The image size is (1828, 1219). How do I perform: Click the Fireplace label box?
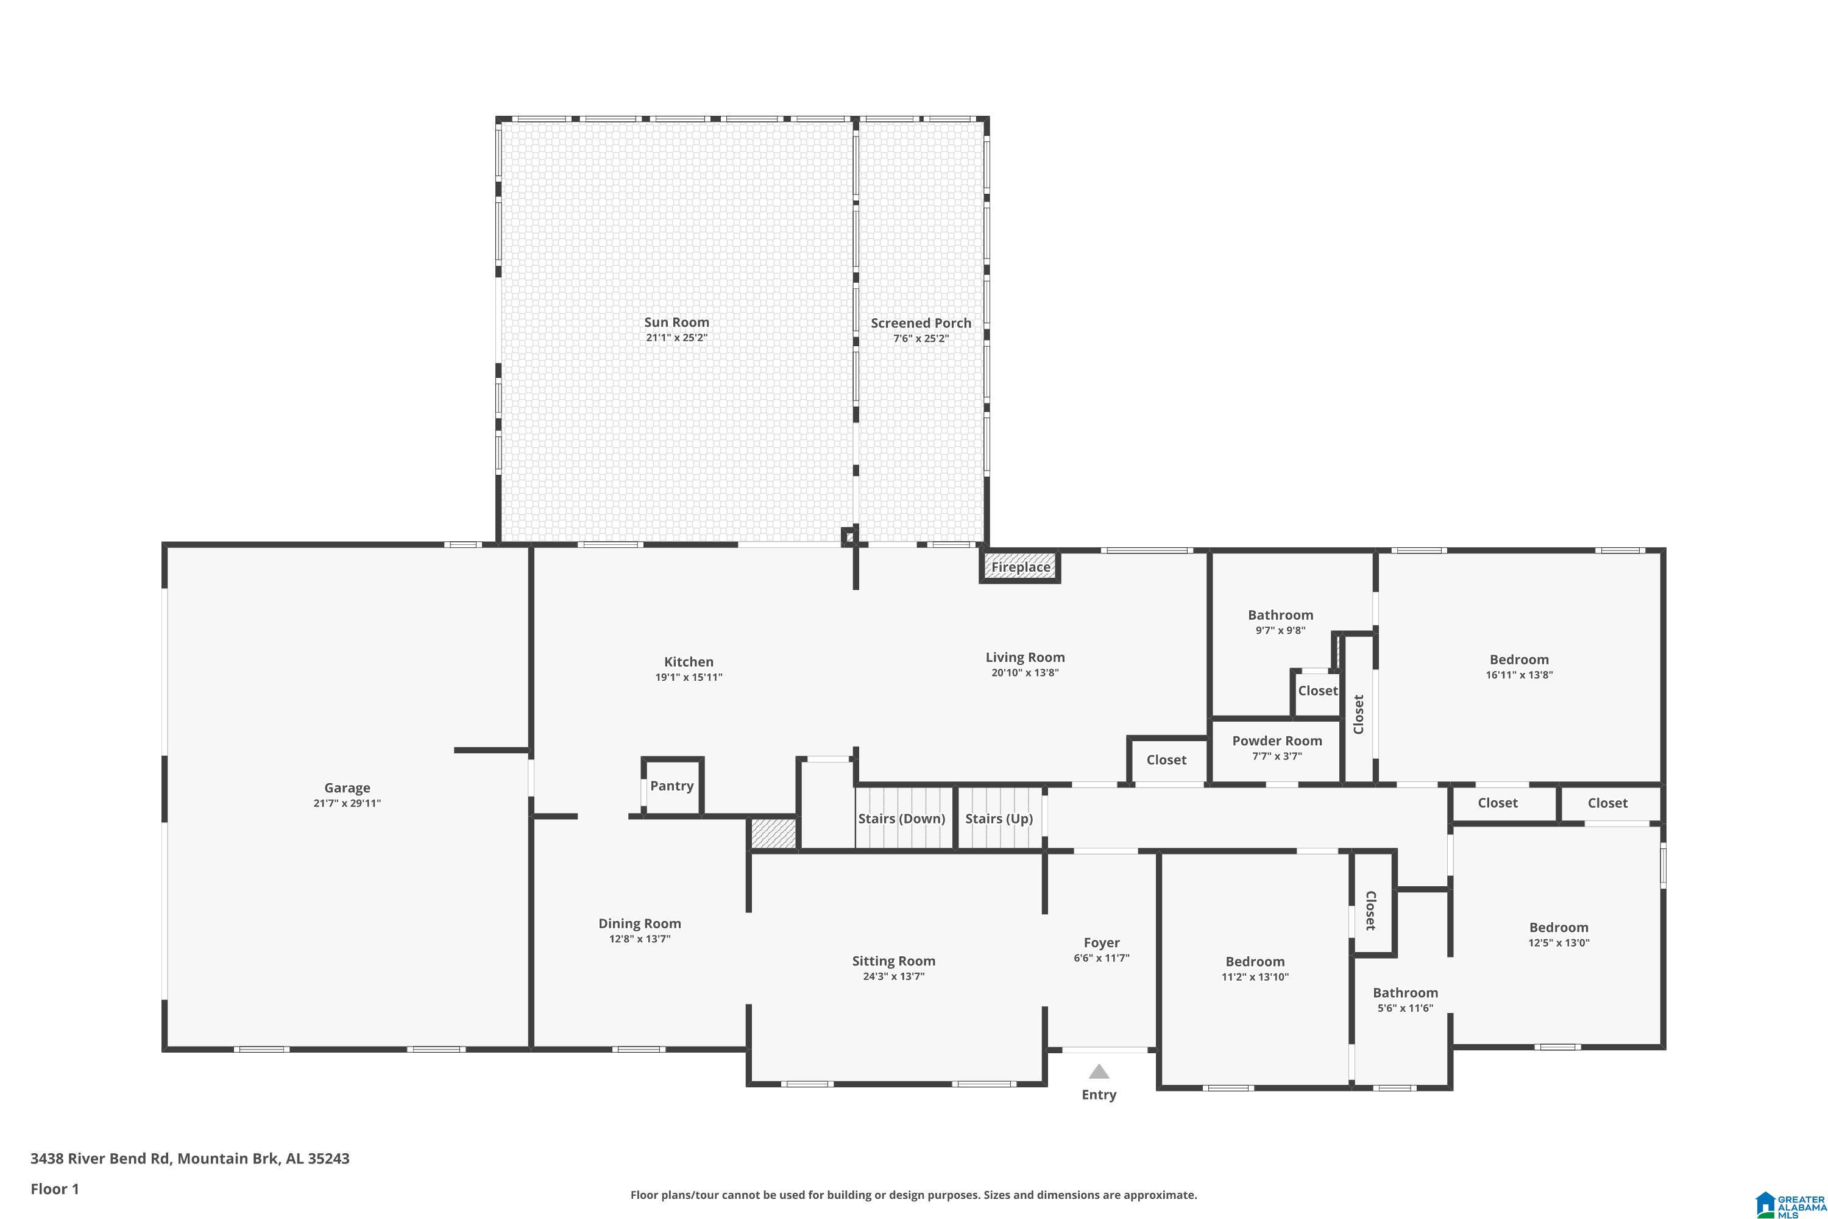(x=1019, y=567)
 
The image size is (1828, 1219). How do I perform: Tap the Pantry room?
(x=671, y=786)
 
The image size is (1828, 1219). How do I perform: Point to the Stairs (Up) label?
(x=999, y=819)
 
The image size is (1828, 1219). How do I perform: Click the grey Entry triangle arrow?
(x=1098, y=1072)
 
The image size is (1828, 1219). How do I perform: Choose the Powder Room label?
(x=1276, y=741)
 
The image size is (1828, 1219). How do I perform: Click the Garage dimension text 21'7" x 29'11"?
(x=347, y=803)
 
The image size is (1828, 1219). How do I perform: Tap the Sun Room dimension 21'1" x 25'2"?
(x=676, y=338)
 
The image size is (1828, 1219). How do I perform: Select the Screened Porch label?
(x=920, y=322)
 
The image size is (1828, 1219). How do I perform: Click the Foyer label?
(x=1101, y=943)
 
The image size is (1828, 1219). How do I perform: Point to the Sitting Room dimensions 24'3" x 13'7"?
(x=893, y=976)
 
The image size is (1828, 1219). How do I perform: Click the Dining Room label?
(x=639, y=923)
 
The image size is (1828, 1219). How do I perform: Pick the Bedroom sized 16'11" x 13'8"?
(x=1518, y=666)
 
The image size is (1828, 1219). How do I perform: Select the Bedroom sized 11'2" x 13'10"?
(x=1255, y=968)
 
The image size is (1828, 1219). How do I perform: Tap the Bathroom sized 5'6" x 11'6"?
(x=1405, y=1000)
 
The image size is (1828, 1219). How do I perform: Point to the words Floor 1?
(x=54, y=1189)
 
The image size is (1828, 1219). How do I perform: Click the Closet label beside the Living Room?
(x=1166, y=760)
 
